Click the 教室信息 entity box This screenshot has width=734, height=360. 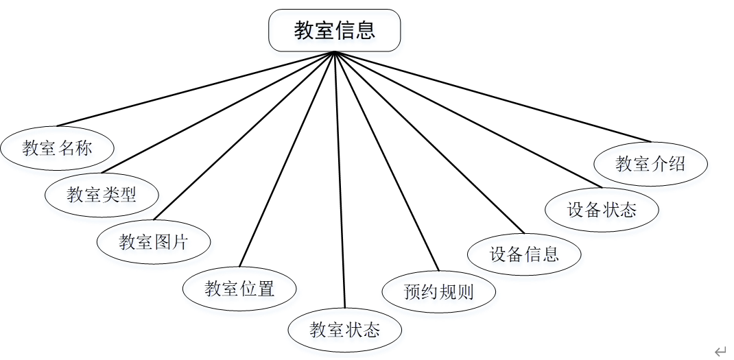pos(334,31)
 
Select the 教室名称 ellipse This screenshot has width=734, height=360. pos(57,148)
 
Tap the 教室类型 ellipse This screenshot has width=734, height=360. pos(102,194)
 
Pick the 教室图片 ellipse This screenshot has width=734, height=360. pos(154,241)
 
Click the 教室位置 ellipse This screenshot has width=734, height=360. pos(239,289)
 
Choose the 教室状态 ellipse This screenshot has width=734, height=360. pos(344,330)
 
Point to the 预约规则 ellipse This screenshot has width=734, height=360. pos(439,293)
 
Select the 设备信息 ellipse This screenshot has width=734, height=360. pos(524,254)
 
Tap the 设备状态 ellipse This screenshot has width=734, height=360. pos(602,209)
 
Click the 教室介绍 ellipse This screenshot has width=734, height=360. pos(650,163)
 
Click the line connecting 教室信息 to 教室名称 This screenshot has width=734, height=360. pos(196,89)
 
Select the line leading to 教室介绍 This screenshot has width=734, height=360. pos(492,95)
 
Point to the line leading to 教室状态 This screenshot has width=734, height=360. pos(340,178)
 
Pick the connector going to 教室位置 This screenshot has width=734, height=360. pos(287,158)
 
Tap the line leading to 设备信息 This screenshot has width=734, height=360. pos(429,142)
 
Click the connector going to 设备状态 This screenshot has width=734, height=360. pos(468,119)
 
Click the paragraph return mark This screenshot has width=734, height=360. pos(720,352)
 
